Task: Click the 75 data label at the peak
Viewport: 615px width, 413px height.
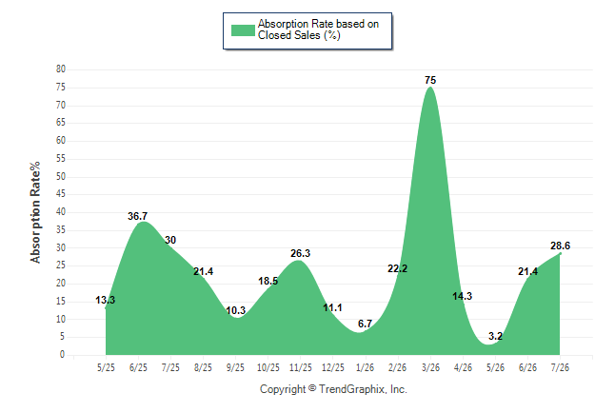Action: coord(430,80)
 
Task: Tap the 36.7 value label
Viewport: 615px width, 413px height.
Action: coord(137,216)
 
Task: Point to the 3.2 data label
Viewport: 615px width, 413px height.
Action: coord(495,336)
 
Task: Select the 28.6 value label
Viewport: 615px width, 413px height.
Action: coord(560,246)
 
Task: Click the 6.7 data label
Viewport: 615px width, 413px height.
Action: coord(365,324)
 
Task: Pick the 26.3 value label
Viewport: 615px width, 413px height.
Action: coord(300,253)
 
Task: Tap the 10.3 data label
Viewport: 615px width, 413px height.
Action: coord(235,310)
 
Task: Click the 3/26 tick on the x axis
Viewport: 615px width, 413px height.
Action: coord(430,367)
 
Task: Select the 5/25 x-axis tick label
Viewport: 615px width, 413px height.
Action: coord(106,367)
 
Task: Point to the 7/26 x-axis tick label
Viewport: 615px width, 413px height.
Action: coord(560,367)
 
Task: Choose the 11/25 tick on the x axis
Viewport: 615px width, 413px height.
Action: coord(301,367)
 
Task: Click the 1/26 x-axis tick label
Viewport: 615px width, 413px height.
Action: coord(366,367)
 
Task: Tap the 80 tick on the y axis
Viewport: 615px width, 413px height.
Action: coord(61,69)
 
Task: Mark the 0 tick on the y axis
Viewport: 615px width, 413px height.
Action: coord(63,355)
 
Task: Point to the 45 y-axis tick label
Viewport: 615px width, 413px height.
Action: coord(61,194)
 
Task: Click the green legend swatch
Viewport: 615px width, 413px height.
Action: coord(243,30)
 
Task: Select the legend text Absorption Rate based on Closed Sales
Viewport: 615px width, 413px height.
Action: coord(318,29)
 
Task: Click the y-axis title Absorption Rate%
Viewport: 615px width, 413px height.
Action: coord(35,212)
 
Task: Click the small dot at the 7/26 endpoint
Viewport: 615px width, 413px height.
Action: coord(560,254)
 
